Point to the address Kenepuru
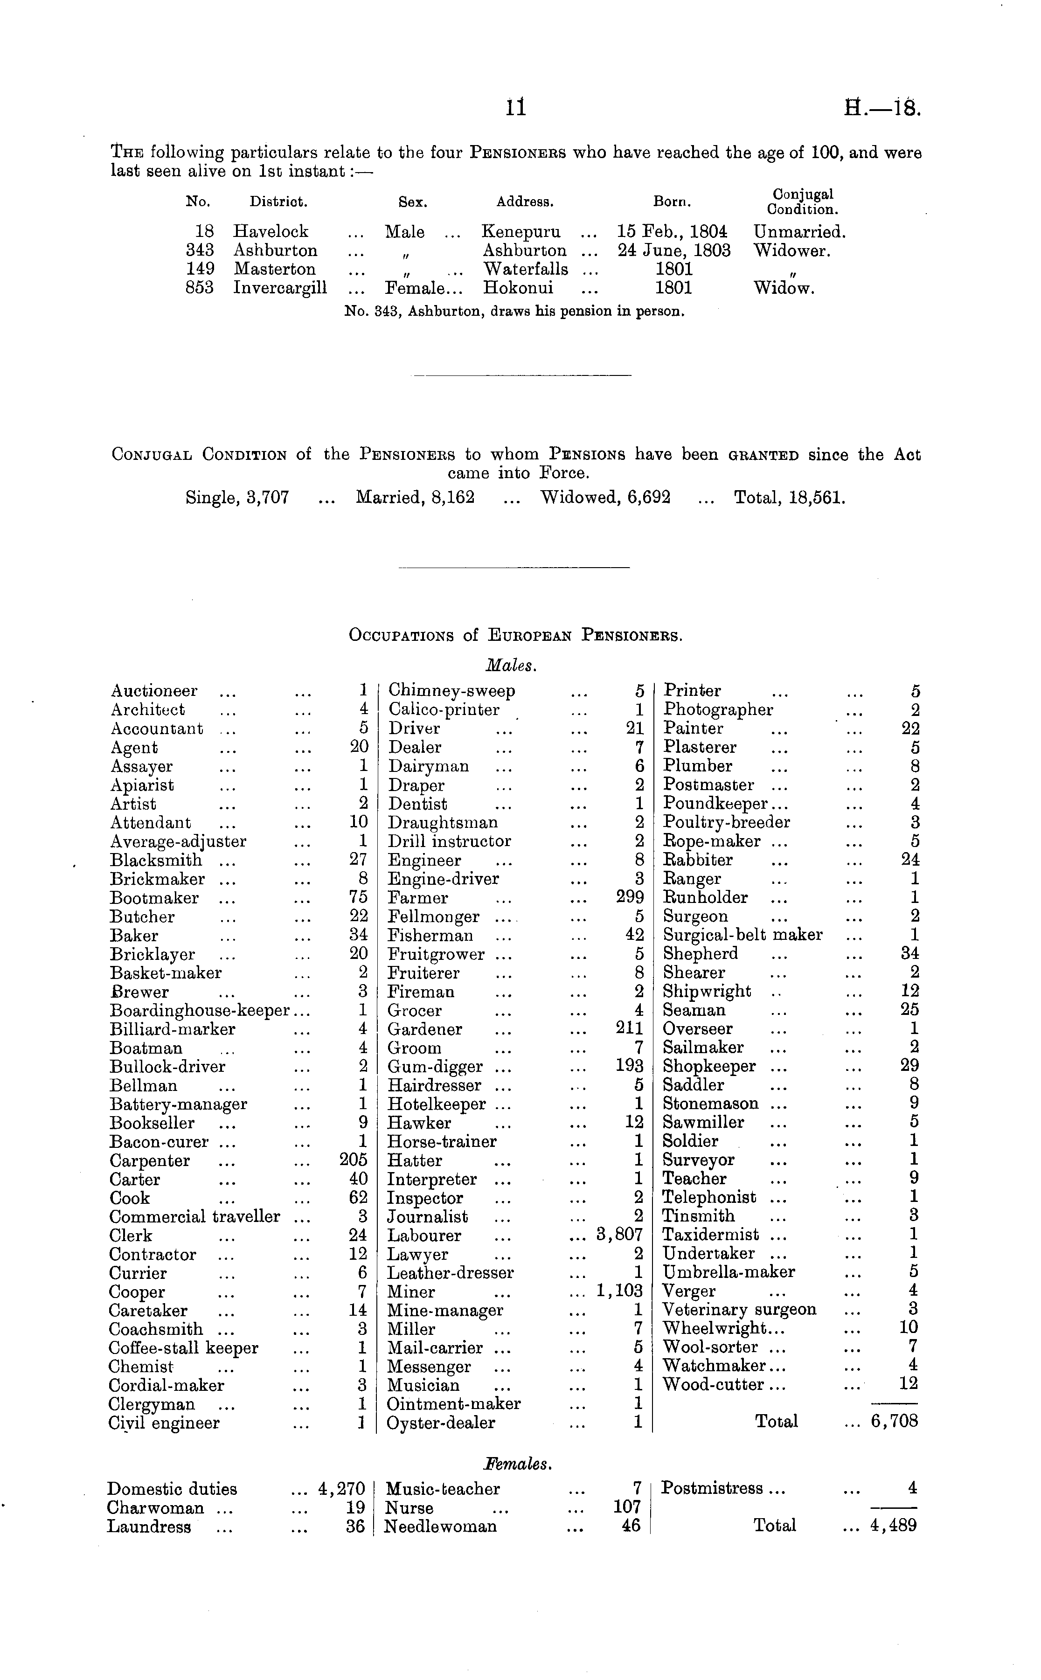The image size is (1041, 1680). click(x=520, y=231)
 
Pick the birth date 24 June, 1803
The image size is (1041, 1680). click(x=674, y=250)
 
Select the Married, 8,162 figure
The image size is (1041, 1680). click(x=415, y=497)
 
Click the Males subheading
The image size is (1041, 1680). click(x=511, y=666)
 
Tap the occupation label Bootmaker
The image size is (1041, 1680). click(x=154, y=898)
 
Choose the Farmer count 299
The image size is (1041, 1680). click(x=629, y=897)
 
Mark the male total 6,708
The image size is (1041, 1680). click(x=895, y=1422)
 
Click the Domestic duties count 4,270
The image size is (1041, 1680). click(x=341, y=1489)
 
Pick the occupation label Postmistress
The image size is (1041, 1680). click(x=712, y=1489)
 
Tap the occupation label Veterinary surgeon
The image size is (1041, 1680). click(x=739, y=1310)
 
